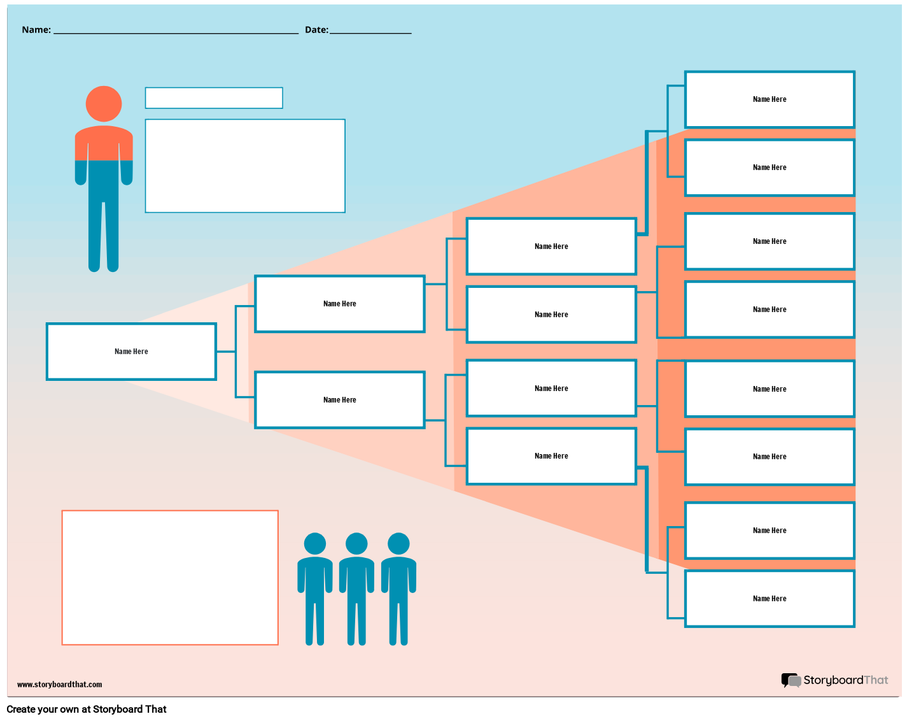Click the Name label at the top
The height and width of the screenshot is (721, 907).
click(36, 30)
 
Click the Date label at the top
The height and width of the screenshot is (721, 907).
click(316, 30)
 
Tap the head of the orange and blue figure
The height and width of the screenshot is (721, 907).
click(104, 104)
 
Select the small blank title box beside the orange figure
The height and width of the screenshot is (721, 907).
click(214, 98)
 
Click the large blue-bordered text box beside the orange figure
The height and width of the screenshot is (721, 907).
click(245, 166)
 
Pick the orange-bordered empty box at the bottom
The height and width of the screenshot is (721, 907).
click(170, 578)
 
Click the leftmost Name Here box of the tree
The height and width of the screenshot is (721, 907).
click(131, 352)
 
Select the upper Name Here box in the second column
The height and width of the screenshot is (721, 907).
click(340, 304)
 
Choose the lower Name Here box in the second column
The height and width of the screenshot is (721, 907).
click(340, 400)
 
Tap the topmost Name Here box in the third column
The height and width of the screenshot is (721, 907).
click(551, 246)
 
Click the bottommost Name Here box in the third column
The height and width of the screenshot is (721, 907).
click(551, 456)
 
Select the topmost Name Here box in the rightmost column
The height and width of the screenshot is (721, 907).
click(770, 99)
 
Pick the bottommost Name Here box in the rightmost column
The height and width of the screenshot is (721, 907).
click(770, 599)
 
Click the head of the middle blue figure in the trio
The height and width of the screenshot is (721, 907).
click(356, 544)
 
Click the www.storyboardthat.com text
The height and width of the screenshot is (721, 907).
click(59, 685)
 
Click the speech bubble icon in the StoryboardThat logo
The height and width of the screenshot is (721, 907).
click(791, 680)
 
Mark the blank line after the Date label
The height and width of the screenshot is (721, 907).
click(370, 32)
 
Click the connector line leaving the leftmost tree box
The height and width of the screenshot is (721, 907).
click(226, 352)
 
